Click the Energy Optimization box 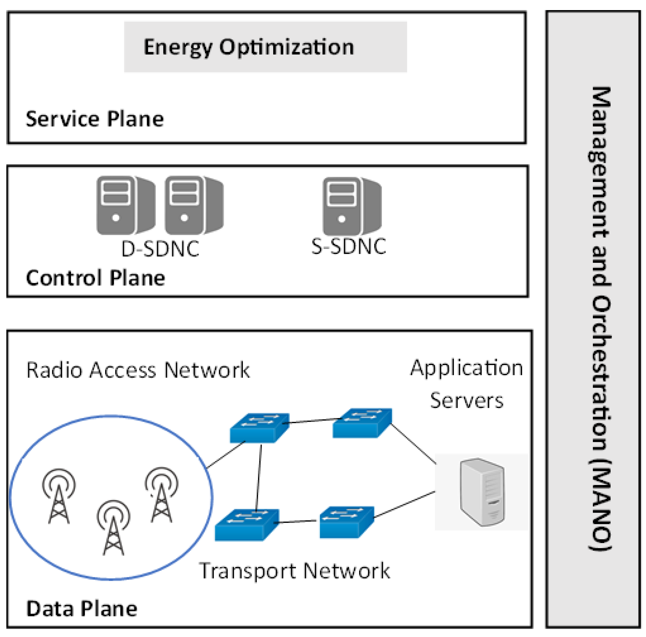click(265, 47)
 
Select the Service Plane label click(95, 119)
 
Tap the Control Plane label click(95, 278)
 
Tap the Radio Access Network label click(138, 370)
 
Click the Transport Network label click(294, 571)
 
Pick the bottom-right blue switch click(347, 522)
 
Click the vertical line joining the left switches click(258, 478)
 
